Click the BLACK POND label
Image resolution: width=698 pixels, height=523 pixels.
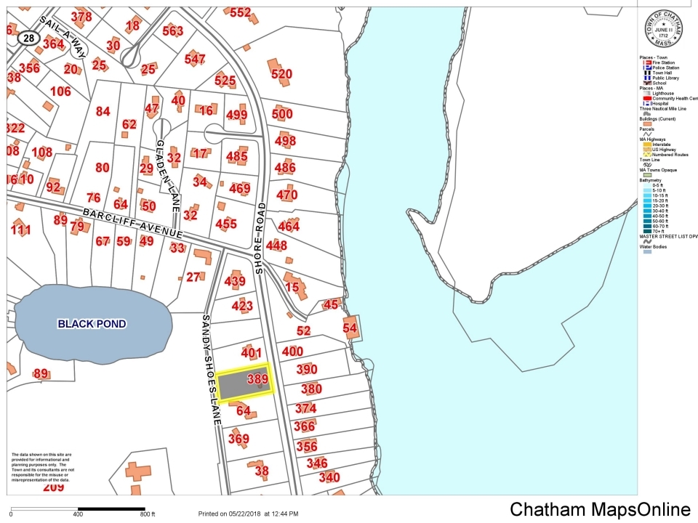[x=92, y=324]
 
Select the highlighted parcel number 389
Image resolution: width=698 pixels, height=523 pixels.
[x=258, y=378]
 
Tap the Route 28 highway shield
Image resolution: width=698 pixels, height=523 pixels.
[x=27, y=37]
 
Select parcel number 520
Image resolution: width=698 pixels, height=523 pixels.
[x=281, y=73]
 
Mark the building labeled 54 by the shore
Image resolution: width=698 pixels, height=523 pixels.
[x=350, y=328]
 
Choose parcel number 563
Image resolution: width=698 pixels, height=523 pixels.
[x=172, y=31]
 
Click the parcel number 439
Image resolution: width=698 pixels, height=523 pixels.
[x=235, y=282]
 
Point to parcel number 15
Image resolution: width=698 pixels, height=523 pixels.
[x=293, y=287]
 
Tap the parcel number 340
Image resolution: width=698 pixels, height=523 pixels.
[x=329, y=477]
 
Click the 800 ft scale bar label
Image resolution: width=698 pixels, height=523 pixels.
[x=148, y=514]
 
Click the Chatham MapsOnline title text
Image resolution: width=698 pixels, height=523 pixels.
[x=600, y=510]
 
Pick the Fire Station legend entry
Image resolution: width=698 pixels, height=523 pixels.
[x=662, y=62]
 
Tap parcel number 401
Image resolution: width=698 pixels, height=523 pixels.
[x=251, y=354]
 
